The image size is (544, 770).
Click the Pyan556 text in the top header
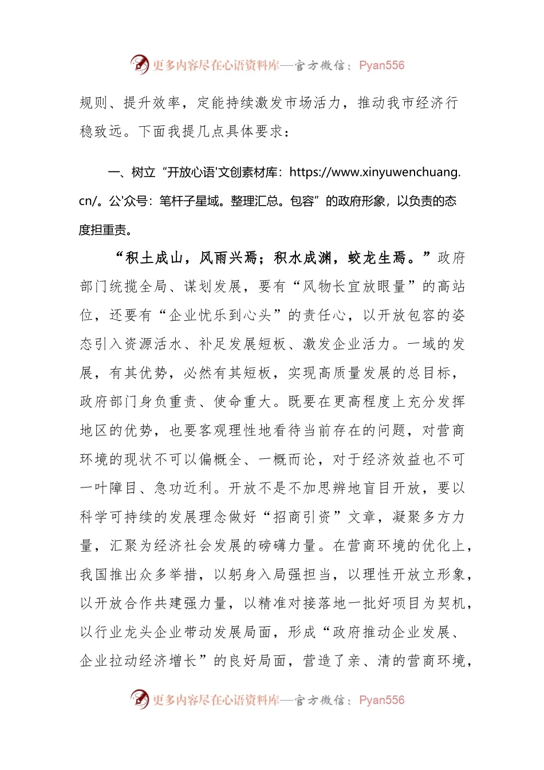(x=381, y=65)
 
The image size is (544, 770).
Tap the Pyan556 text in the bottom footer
(x=381, y=700)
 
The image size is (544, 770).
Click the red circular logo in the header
(x=139, y=64)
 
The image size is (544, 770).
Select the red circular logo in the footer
(x=139, y=699)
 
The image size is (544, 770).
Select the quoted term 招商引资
(x=302, y=517)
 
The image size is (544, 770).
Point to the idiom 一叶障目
(x=109, y=489)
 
